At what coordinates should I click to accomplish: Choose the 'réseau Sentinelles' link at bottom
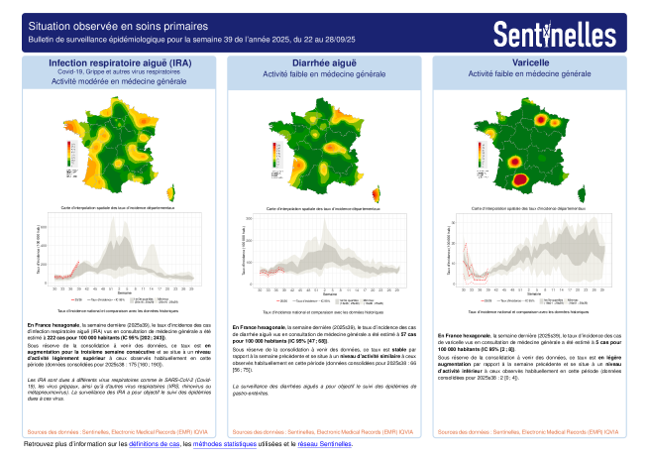click(x=325, y=443)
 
